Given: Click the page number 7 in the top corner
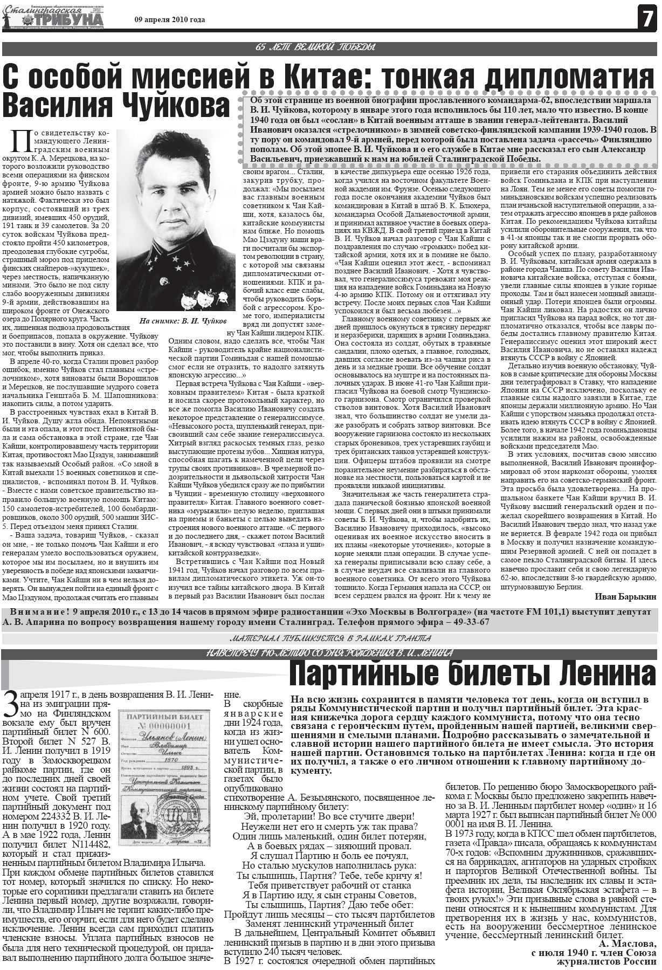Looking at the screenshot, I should (646, 19).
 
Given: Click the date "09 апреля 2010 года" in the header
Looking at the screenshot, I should (169, 20).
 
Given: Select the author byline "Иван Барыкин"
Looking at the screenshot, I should (625, 596).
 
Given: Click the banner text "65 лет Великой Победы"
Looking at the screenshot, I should (315, 48).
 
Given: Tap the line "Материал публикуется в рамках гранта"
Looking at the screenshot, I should (330, 639).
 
